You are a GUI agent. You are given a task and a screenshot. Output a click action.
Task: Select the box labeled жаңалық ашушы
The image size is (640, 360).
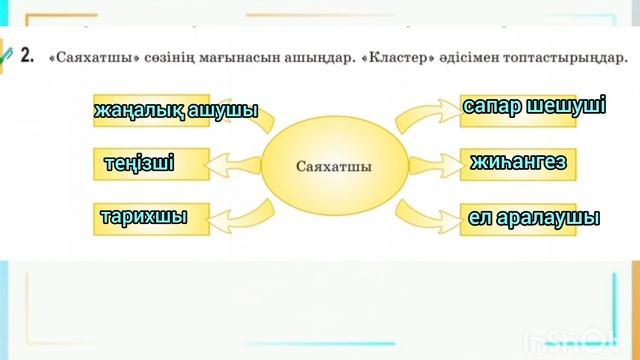(x=176, y=110)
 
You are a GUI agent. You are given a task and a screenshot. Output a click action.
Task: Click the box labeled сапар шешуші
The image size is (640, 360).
(x=534, y=107)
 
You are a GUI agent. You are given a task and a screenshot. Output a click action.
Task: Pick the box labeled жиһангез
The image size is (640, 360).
(x=518, y=161)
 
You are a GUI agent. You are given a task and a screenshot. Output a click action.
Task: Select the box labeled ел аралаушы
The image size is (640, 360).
(x=534, y=216)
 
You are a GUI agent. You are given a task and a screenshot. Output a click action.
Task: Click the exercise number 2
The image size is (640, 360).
(x=27, y=58)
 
